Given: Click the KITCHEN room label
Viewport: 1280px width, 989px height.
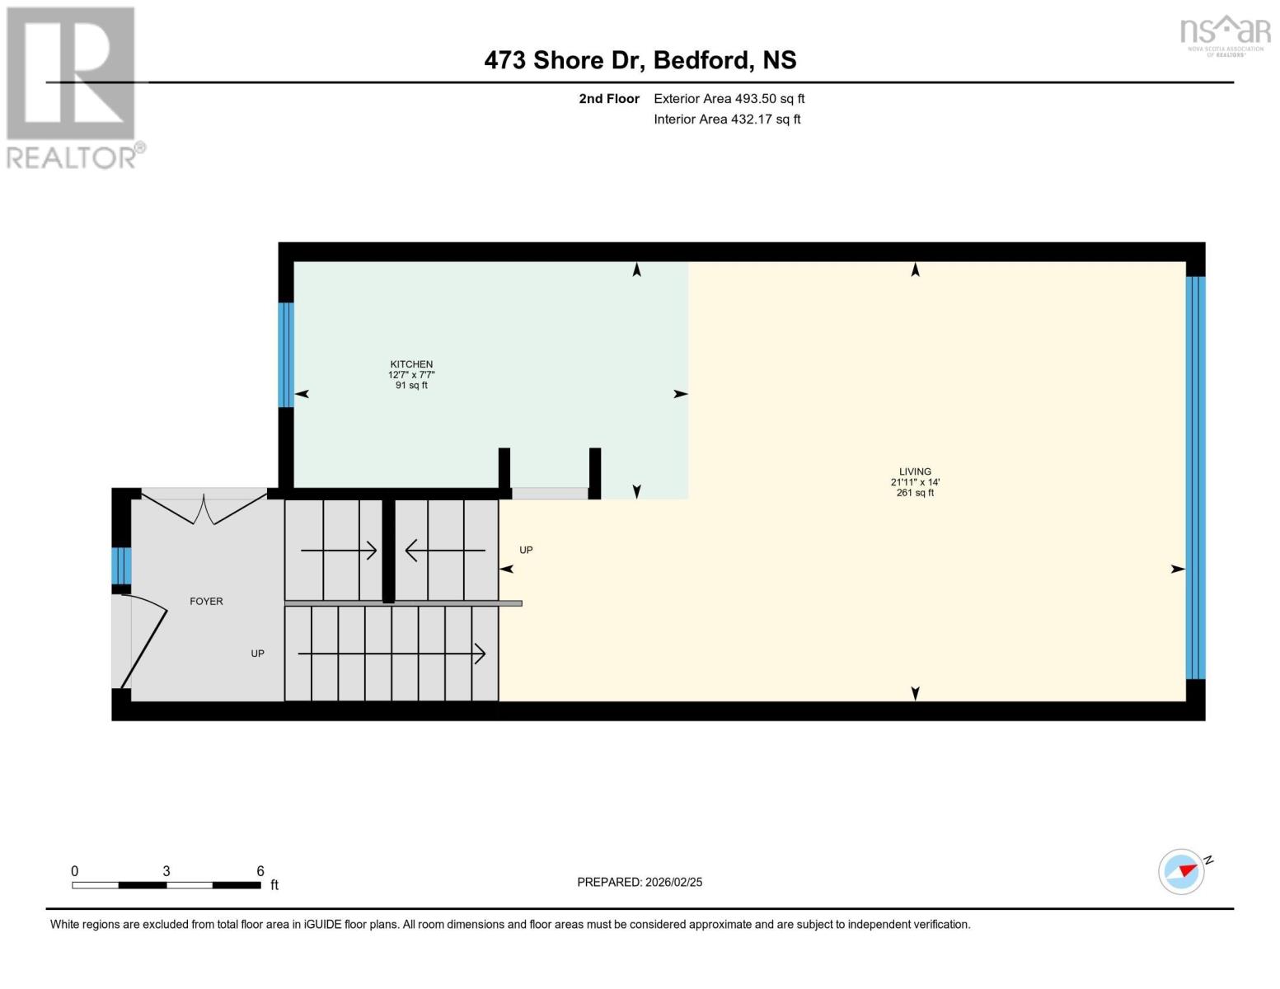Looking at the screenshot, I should coord(411,364).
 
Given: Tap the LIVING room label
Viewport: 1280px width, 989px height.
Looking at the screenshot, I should coord(915,472).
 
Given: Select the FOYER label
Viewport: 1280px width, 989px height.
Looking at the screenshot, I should coord(206,602).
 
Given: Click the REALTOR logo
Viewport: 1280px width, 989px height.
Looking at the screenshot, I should coord(73,87).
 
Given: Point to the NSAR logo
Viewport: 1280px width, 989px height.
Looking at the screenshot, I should coord(1225,34).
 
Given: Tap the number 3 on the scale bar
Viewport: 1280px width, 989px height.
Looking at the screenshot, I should coord(166,871).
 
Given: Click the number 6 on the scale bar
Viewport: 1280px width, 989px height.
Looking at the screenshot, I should coord(260,871).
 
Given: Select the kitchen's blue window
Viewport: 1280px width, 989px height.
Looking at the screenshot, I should coord(286,355).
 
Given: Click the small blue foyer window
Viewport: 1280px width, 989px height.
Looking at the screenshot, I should coord(121,565).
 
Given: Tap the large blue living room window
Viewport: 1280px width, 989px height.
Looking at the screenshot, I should coord(1195,478).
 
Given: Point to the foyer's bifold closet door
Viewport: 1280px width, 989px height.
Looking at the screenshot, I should coord(204,508).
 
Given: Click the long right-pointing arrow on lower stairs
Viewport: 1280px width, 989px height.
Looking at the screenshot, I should coord(392,654).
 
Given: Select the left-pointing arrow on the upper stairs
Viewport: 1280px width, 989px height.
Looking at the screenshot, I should coord(445,551).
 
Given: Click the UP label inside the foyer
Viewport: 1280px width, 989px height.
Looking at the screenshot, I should coord(257,654).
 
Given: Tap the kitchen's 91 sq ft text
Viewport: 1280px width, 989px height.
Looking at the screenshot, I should coord(411,386).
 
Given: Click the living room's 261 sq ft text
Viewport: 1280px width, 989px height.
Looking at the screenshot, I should coord(915,493).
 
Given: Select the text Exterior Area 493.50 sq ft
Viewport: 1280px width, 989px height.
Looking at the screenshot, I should coord(729,99).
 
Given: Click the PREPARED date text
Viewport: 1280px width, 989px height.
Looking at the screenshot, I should coord(640,882).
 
